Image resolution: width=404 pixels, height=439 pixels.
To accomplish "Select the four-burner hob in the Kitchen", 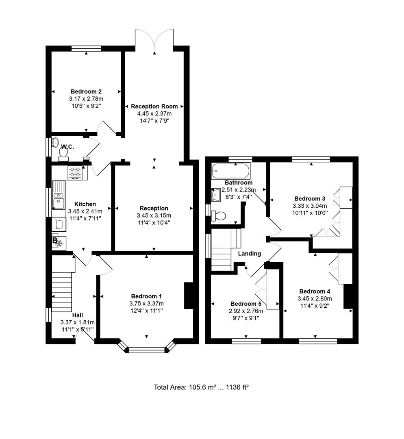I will [76, 173].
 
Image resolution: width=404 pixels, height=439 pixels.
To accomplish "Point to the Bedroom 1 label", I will [146, 296].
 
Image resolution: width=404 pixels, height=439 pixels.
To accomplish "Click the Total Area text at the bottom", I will [201, 387].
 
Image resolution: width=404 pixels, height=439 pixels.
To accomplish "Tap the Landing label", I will [250, 254].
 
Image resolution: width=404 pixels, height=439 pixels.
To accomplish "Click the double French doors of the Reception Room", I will [154, 41].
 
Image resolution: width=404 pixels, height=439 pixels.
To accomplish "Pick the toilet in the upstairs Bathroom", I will [219, 215].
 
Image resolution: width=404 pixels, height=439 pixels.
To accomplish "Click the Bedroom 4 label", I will [315, 291].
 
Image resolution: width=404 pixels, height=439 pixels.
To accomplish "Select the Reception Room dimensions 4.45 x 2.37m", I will [154, 113].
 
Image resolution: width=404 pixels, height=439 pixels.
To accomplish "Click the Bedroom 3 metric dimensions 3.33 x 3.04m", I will [310, 206].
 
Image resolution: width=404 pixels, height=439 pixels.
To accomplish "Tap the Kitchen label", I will [85, 204].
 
